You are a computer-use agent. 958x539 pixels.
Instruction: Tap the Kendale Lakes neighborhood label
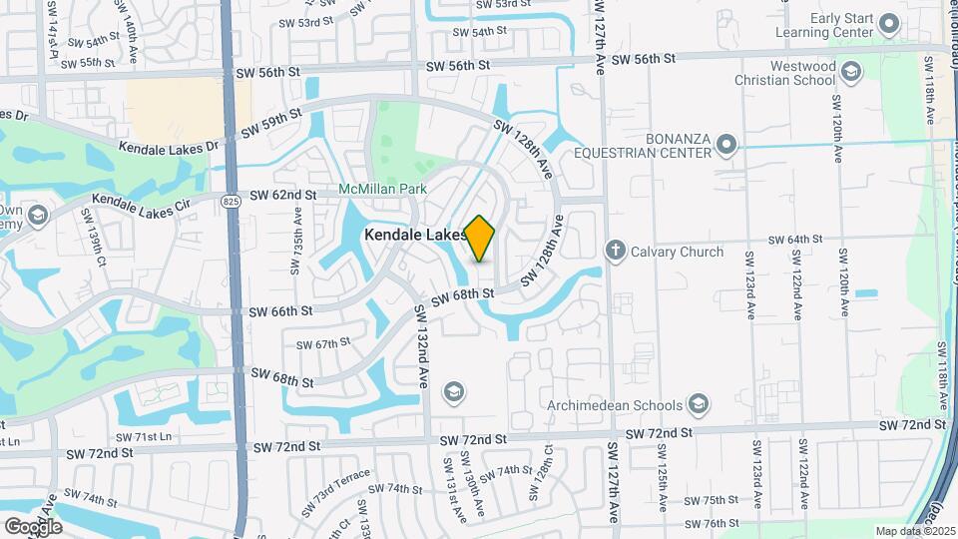click(414, 235)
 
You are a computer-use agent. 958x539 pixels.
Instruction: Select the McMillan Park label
click(383, 189)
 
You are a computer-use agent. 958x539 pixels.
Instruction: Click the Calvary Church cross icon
click(617, 252)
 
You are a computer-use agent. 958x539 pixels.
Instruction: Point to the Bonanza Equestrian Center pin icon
click(726, 145)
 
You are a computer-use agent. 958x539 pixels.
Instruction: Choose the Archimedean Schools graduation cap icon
click(699, 405)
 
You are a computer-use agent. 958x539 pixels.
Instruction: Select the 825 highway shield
click(232, 202)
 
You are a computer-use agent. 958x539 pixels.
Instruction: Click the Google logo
click(33, 526)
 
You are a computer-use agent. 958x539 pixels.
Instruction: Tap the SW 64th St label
click(795, 240)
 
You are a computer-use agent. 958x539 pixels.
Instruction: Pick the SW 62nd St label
click(282, 195)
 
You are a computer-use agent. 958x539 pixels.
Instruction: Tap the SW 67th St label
click(323, 342)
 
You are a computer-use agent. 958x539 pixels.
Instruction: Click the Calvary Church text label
click(678, 252)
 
